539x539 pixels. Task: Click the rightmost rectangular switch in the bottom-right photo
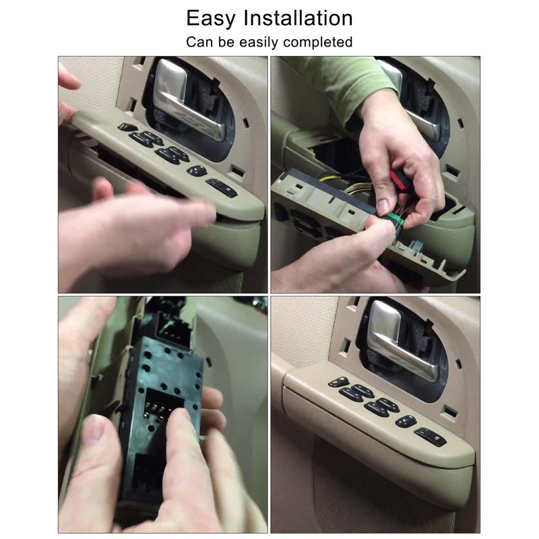click(430, 436)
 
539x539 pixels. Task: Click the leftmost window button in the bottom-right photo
click(338, 382)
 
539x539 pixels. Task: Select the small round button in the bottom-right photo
click(406, 421)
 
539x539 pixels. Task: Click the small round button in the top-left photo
click(197, 170)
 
